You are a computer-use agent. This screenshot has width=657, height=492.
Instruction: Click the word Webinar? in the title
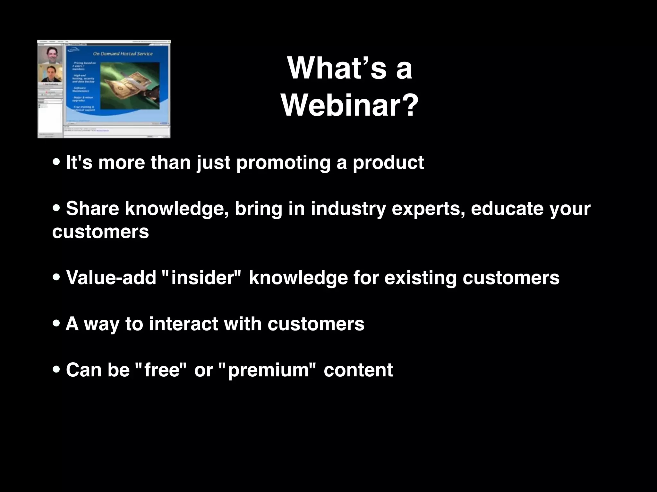pos(350,105)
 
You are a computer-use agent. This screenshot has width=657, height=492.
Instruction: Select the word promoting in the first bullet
pos(283,162)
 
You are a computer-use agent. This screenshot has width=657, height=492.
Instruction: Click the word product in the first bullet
pos(388,162)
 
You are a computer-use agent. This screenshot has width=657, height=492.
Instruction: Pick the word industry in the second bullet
pos(348,209)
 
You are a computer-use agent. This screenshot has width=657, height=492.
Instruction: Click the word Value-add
pos(111,277)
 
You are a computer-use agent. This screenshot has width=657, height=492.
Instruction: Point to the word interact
pos(183,324)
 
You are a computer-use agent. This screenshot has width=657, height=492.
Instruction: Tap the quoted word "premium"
pos(268,370)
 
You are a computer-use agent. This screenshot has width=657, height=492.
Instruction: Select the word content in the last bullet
pos(358,370)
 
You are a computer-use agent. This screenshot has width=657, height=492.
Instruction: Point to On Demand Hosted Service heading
pos(123,53)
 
